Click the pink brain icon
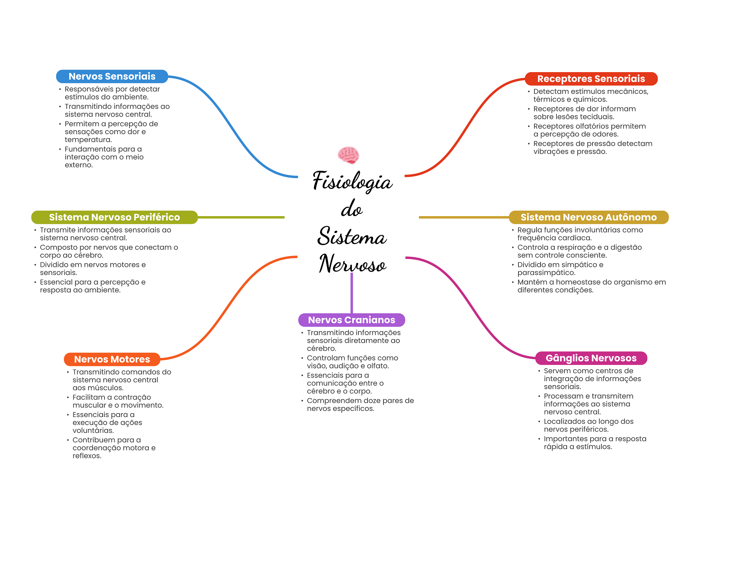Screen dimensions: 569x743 (348, 155)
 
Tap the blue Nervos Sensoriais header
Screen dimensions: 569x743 (112, 77)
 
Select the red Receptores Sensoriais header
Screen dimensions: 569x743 (591, 79)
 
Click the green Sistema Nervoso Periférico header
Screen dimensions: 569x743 (114, 217)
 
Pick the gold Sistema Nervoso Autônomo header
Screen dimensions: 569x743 (588, 217)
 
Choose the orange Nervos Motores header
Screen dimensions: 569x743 (112, 359)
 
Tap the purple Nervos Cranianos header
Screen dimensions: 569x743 (351, 320)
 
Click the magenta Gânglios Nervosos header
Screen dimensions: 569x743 (591, 358)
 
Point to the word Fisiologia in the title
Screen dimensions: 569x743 (352, 181)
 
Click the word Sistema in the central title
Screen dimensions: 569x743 (352, 236)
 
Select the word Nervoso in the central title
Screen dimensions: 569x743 (352, 264)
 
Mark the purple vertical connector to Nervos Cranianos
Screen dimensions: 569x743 (352, 293)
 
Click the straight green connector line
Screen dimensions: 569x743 (241, 217)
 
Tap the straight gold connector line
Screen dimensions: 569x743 (464, 217)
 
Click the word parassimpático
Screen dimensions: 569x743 (546, 273)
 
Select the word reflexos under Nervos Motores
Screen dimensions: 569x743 (86, 456)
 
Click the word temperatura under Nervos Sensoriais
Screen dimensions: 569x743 (88, 140)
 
